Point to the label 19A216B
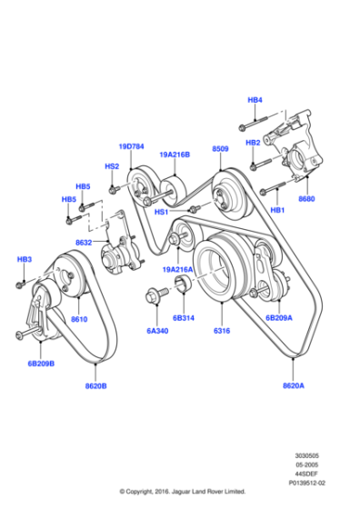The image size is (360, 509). click(x=175, y=155)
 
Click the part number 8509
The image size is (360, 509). click(x=221, y=147)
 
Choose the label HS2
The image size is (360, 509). click(x=112, y=166)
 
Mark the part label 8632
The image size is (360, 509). click(x=85, y=243)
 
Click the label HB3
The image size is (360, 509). click(x=25, y=260)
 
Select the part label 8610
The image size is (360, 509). click(x=79, y=319)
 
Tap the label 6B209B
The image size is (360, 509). click(x=40, y=364)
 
